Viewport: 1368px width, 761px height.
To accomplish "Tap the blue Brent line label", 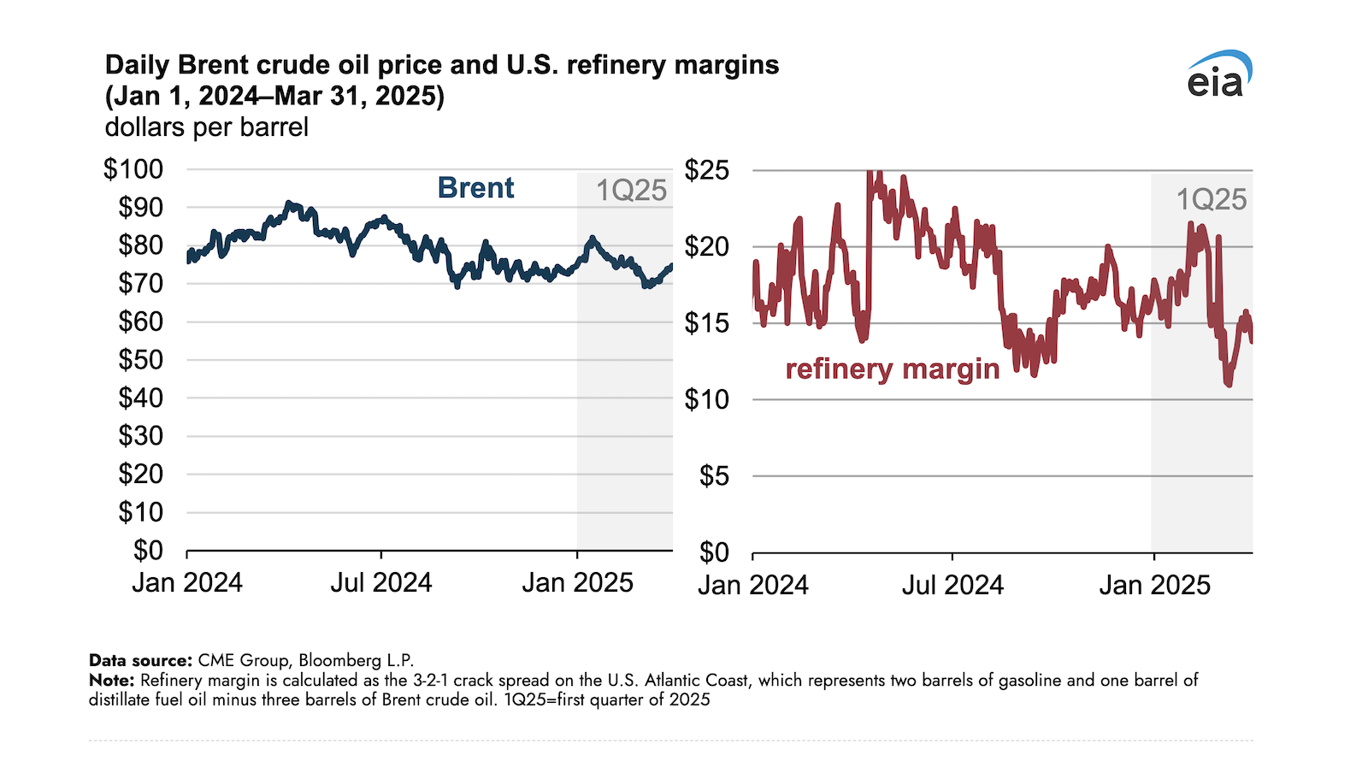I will pyautogui.click(x=475, y=188).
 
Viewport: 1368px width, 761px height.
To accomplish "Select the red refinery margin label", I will pyautogui.click(x=892, y=369).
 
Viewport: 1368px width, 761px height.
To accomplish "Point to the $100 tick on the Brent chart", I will pyautogui.click(x=133, y=169).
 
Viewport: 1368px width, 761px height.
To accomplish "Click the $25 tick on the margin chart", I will pyautogui.click(x=706, y=170).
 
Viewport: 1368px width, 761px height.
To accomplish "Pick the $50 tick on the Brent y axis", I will pyautogui.click(x=140, y=360).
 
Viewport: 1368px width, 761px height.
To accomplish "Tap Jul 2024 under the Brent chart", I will pyautogui.click(x=381, y=583).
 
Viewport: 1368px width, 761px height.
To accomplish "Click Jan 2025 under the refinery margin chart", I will pyautogui.click(x=1154, y=586).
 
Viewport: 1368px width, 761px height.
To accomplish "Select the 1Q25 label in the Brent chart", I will pyautogui.click(x=631, y=191).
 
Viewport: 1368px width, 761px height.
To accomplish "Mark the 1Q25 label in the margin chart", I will pyautogui.click(x=1211, y=200).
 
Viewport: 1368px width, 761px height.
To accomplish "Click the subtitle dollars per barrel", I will pyautogui.click(x=206, y=127).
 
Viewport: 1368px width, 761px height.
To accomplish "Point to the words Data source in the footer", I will pyautogui.click(x=140, y=661).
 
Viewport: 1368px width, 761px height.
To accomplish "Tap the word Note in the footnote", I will pyautogui.click(x=111, y=681).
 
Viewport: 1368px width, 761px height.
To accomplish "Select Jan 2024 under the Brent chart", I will pyautogui.click(x=187, y=583).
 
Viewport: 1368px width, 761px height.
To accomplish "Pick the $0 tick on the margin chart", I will pyautogui.click(x=714, y=552).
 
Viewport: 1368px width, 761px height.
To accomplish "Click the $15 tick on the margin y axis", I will pyautogui.click(x=706, y=323).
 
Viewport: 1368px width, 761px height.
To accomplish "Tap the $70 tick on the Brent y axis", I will pyautogui.click(x=140, y=284).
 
